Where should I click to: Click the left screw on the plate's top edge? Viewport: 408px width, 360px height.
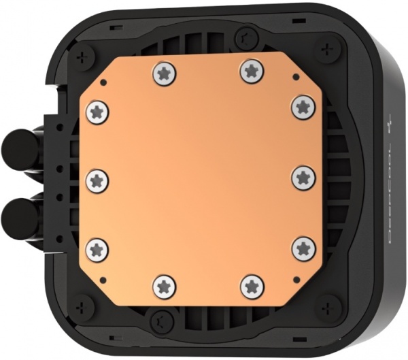[164, 71]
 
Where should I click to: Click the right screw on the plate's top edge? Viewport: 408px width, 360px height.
[251, 71]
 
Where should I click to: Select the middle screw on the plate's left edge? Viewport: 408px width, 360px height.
[97, 179]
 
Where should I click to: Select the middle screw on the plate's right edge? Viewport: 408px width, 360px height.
[302, 178]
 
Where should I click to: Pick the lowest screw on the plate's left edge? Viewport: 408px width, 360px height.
[97, 248]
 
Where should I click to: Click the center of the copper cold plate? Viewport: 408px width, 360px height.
[199, 178]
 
